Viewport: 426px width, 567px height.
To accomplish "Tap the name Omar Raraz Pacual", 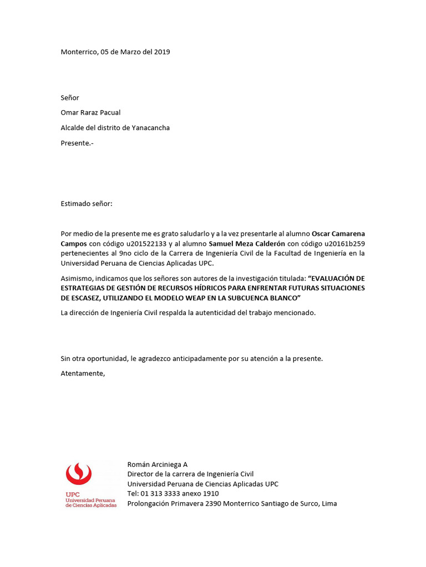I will point(90,112).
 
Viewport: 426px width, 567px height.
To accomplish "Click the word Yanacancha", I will point(150,128).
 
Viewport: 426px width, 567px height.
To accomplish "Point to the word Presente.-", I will point(77,143).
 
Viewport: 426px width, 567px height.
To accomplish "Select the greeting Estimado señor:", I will point(86,204).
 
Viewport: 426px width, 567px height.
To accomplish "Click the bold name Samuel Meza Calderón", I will point(246,244).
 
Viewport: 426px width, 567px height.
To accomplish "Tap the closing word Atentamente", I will point(83,373).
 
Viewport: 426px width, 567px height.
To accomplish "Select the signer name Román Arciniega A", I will point(158,465).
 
